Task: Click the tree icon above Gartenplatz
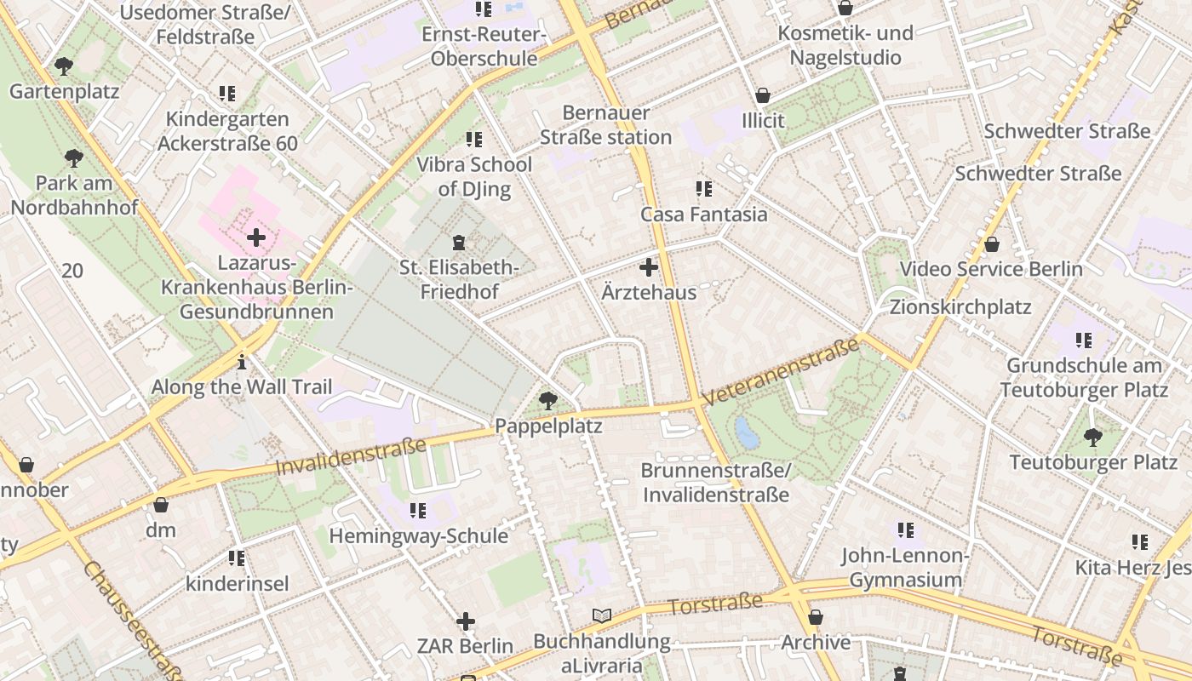click(63, 66)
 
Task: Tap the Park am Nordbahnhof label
click(74, 195)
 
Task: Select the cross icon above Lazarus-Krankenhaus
click(255, 237)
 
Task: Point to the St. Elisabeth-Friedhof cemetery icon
click(460, 243)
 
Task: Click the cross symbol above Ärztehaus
click(649, 267)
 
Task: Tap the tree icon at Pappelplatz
click(548, 400)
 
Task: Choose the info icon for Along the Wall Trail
click(242, 362)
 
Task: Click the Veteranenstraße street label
click(781, 371)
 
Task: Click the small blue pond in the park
click(747, 433)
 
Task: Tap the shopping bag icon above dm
click(161, 505)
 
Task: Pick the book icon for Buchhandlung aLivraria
click(602, 615)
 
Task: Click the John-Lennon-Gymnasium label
click(905, 568)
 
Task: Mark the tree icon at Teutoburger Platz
click(1093, 438)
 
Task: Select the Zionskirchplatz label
click(960, 306)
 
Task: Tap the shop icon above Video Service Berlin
click(992, 245)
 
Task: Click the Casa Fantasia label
click(703, 214)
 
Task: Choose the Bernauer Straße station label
click(605, 124)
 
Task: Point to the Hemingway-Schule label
click(418, 535)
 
